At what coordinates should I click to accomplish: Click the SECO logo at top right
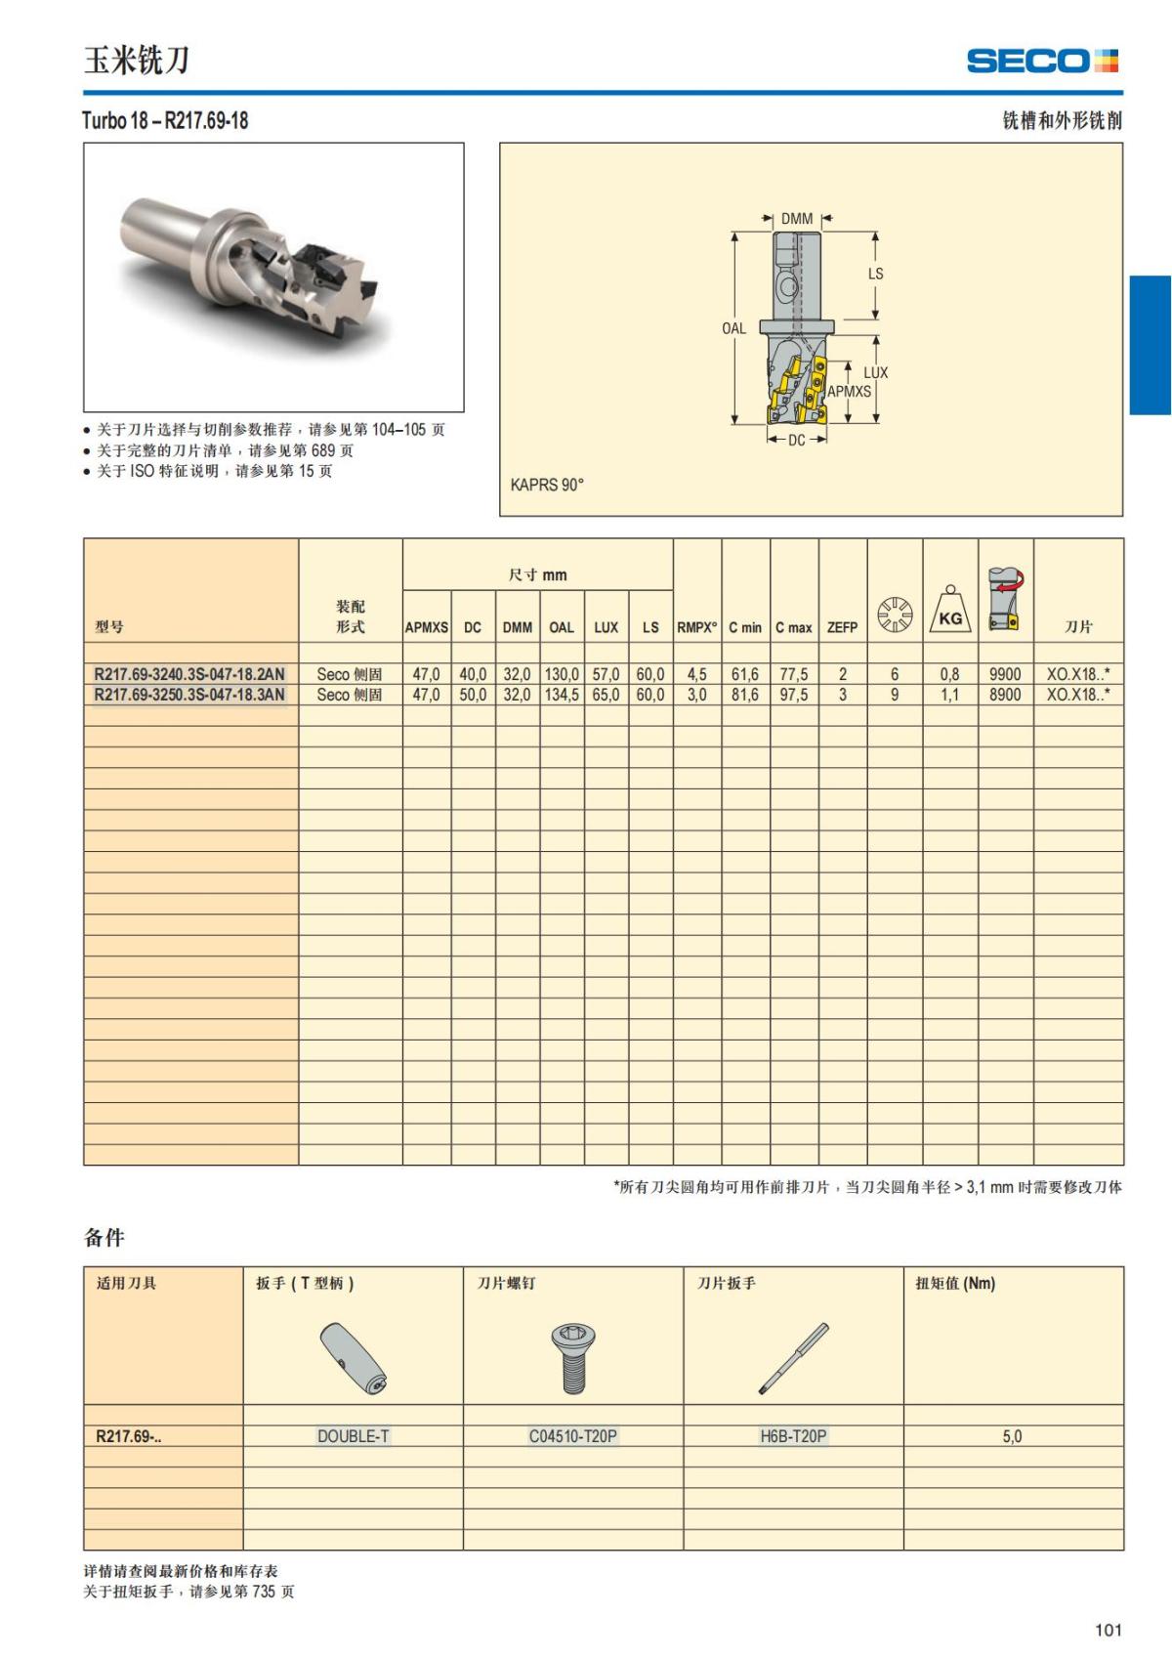(1042, 61)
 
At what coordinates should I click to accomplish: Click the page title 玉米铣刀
(136, 61)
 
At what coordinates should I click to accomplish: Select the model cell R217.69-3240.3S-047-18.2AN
(189, 674)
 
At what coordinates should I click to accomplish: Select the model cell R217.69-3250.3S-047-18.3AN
(189, 695)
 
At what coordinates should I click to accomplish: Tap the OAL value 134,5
(562, 695)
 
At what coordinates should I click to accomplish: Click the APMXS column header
(427, 627)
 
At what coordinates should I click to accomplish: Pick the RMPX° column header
(696, 627)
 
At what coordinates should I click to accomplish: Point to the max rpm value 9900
(1005, 674)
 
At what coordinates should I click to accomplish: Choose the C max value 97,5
(793, 695)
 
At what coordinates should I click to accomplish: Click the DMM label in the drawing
(797, 219)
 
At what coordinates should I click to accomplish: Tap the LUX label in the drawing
(875, 372)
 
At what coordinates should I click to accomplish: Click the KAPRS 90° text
(547, 485)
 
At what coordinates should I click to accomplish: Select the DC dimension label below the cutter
(797, 441)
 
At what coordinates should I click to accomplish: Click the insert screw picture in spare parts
(573, 1358)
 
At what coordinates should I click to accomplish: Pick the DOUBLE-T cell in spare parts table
(353, 1436)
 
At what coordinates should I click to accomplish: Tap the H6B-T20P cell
(793, 1436)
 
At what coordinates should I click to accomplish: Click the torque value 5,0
(1012, 1436)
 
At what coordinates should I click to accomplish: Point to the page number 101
(1109, 1630)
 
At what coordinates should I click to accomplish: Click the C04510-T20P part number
(573, 1436)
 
